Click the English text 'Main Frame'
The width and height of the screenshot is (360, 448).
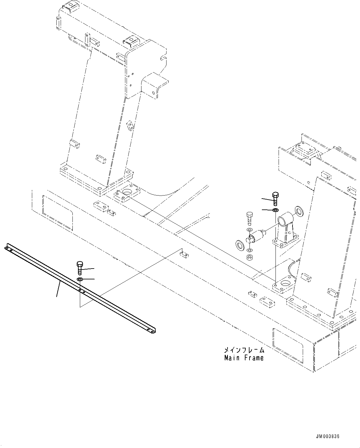[244, 358]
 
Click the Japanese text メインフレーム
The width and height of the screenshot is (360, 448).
[244, 350]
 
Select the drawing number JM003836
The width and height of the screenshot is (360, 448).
[327, 437]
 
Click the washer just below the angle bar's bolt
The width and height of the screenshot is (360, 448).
[79, 280]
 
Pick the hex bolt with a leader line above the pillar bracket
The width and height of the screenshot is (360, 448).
[275, 198]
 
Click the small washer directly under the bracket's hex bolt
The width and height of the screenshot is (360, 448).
[275, 210]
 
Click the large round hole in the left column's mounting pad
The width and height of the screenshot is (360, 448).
[127, 193]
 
